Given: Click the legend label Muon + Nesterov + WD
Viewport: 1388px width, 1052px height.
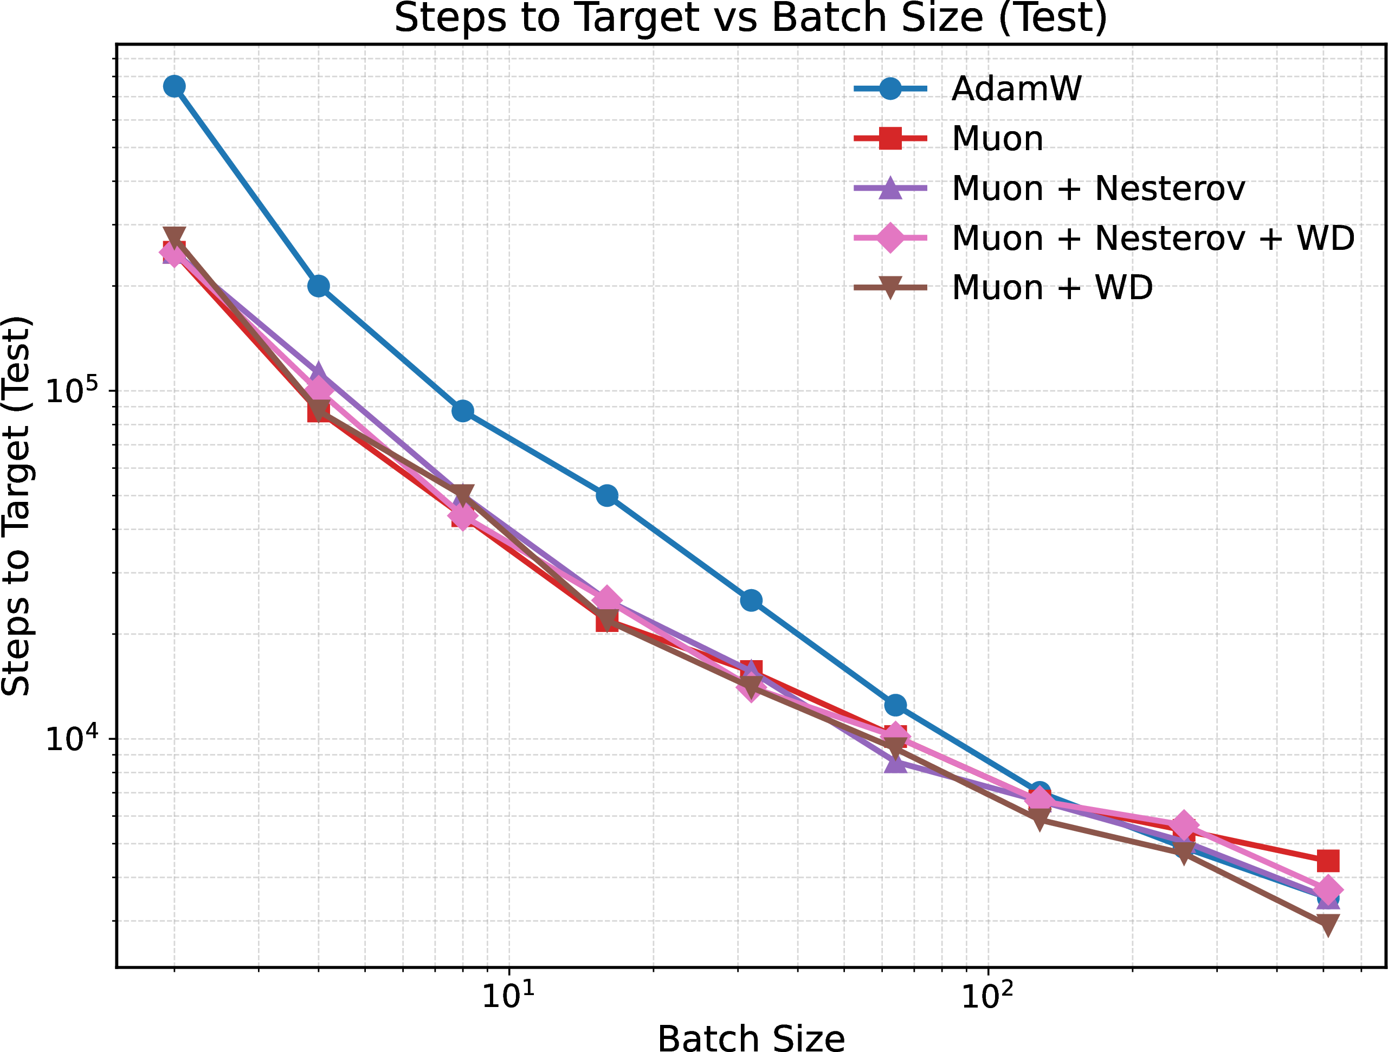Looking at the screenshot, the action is tap(1153, 238).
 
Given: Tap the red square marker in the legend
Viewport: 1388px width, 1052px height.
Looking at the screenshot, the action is tap(890, 138).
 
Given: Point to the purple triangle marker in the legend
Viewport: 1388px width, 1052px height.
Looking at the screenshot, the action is tap(890, 188).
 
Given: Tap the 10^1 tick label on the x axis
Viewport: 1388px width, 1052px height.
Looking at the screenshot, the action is tap(508, 995).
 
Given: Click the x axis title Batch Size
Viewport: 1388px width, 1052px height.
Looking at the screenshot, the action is tap(751, 1037).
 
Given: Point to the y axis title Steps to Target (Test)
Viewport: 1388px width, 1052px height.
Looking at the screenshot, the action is tap(16, 506).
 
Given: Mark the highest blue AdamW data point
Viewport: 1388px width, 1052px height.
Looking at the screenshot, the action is tap(175, 86).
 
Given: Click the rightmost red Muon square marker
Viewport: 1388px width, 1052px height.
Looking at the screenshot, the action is tap(1328, 861).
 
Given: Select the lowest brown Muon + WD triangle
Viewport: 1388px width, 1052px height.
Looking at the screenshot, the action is tap(1328, 924).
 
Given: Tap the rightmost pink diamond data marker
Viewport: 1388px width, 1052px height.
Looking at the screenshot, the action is tap(1328, 890).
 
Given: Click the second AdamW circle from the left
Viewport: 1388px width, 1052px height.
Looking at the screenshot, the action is tap(319, 286).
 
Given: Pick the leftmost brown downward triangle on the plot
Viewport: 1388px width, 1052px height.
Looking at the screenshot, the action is tap(175, 237).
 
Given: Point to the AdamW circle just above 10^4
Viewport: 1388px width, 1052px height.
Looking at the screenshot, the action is tap(895, 705).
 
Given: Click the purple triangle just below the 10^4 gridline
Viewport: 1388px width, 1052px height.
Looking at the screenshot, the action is tap(895, 762).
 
